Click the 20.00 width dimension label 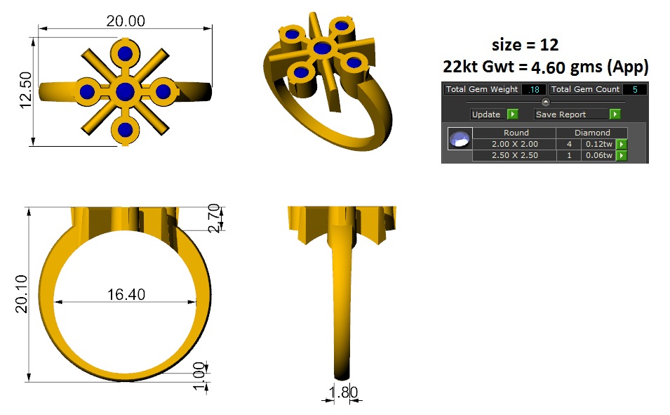coord(126,20)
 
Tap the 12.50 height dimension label coord(26,90)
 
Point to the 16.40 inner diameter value coord(126,294)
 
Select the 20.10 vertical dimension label coord(21,294)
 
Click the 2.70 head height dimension coord(214,218)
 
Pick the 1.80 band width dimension coord(342,392)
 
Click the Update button coord(485,114)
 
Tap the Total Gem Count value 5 coord(635,89)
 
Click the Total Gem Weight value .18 coord(534,89)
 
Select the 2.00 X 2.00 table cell coord(514,144)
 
